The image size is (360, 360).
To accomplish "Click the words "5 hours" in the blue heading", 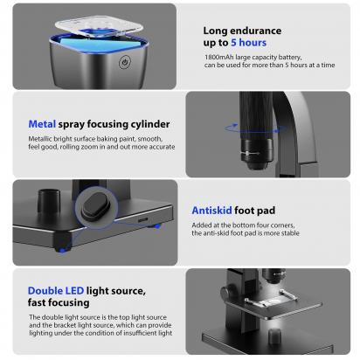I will coord(249,42).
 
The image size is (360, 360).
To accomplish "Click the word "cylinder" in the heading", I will coord(145,124).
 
